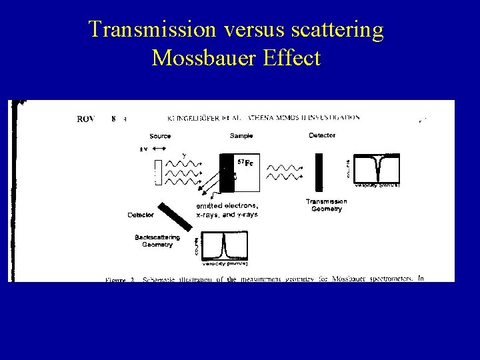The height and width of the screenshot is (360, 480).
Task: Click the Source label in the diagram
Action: pyautogui.click(x=160, y=136)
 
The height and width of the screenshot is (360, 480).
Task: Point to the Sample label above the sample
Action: pyautogui.click(x=241, y=135)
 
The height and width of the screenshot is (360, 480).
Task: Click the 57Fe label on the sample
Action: pyautogui.click(x=245, y=163)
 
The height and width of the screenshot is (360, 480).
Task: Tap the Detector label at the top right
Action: pyautogui.click(x=322, y=135)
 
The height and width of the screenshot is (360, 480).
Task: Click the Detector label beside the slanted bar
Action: pyautogui.click(x=141, y=215)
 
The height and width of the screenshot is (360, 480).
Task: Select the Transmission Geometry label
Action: pyautogui.click(x=326, y=205)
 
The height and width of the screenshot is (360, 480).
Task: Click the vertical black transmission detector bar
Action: pyautogui.click(x=319, y=172)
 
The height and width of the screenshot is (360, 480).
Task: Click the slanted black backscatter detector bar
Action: pyautogui.click(x=173, y=213)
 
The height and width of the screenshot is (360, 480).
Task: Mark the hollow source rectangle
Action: pyautogui.click(x=158, y=172)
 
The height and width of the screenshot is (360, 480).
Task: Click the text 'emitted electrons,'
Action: pyautogui.click(x=227, y=205)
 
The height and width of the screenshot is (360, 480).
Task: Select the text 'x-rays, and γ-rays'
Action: pyautogui.click(x=227, y=214)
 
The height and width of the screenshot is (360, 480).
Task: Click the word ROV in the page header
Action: pyautogui.click(x=88, y=119)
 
